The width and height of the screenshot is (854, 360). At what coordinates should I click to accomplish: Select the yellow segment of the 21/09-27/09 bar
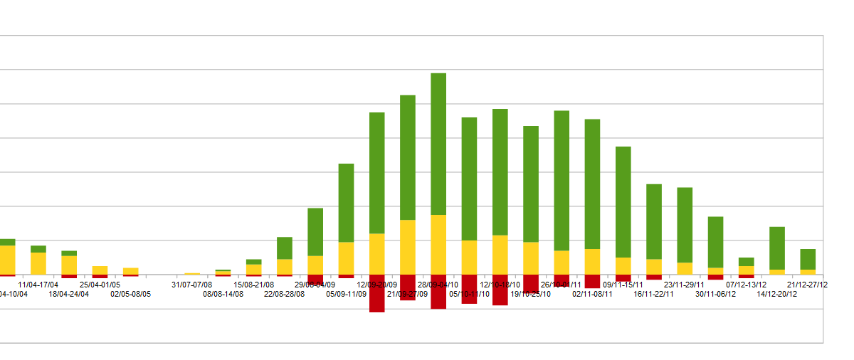pyautogui.click(x=408, y=247)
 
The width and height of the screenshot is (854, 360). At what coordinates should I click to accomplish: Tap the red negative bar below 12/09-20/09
pyautogui.click(x=377, y=293)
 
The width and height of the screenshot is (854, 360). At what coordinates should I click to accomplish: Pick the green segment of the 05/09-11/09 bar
pyautogui.click(x=346, y=203)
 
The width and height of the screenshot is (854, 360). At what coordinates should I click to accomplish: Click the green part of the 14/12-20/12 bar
pyautogui.click(x=777, y=248)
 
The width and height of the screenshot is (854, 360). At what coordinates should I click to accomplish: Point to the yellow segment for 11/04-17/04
pyautogui.click(x=38, y=263)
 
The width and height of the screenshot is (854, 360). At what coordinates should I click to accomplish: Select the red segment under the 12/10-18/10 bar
pyautogui.click(x=500, y=290)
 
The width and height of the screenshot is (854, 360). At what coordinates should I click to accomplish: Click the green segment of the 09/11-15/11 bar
pyautogui.click(x=623, y=201)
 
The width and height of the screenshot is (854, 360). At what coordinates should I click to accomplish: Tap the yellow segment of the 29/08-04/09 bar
pyautogui.click(x=315, y=265)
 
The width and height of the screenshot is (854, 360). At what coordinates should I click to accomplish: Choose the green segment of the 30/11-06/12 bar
pyautogui.click(x=715, y=242)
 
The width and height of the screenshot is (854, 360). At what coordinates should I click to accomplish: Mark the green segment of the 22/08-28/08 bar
pyautogui.click(x=285, y=248)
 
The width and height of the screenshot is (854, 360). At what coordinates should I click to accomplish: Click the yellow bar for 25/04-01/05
pyautogui.click(x=100, y=270)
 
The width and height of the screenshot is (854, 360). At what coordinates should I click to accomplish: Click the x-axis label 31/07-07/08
pyautogui.click(x=192, y=285)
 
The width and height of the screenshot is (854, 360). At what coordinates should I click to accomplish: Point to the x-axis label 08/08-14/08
pyautogui.click(x=223, y=294)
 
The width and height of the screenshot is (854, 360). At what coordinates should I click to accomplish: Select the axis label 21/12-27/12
pyautogui.click(x=808, y=285)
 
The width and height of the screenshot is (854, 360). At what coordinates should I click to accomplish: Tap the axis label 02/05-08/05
pyautogui.click(x=130, y=294)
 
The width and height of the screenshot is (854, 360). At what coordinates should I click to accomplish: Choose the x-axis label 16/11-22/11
pyautogui.click(x=654, y=294)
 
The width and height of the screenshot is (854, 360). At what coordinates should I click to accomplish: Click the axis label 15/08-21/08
pyautogui.click(x=254, y=285)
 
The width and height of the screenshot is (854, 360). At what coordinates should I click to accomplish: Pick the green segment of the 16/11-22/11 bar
pyautogui.click(x=654, y=221)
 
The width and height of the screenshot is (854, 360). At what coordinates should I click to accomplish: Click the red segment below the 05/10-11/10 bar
pyautogui.click(x=470, y=289)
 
